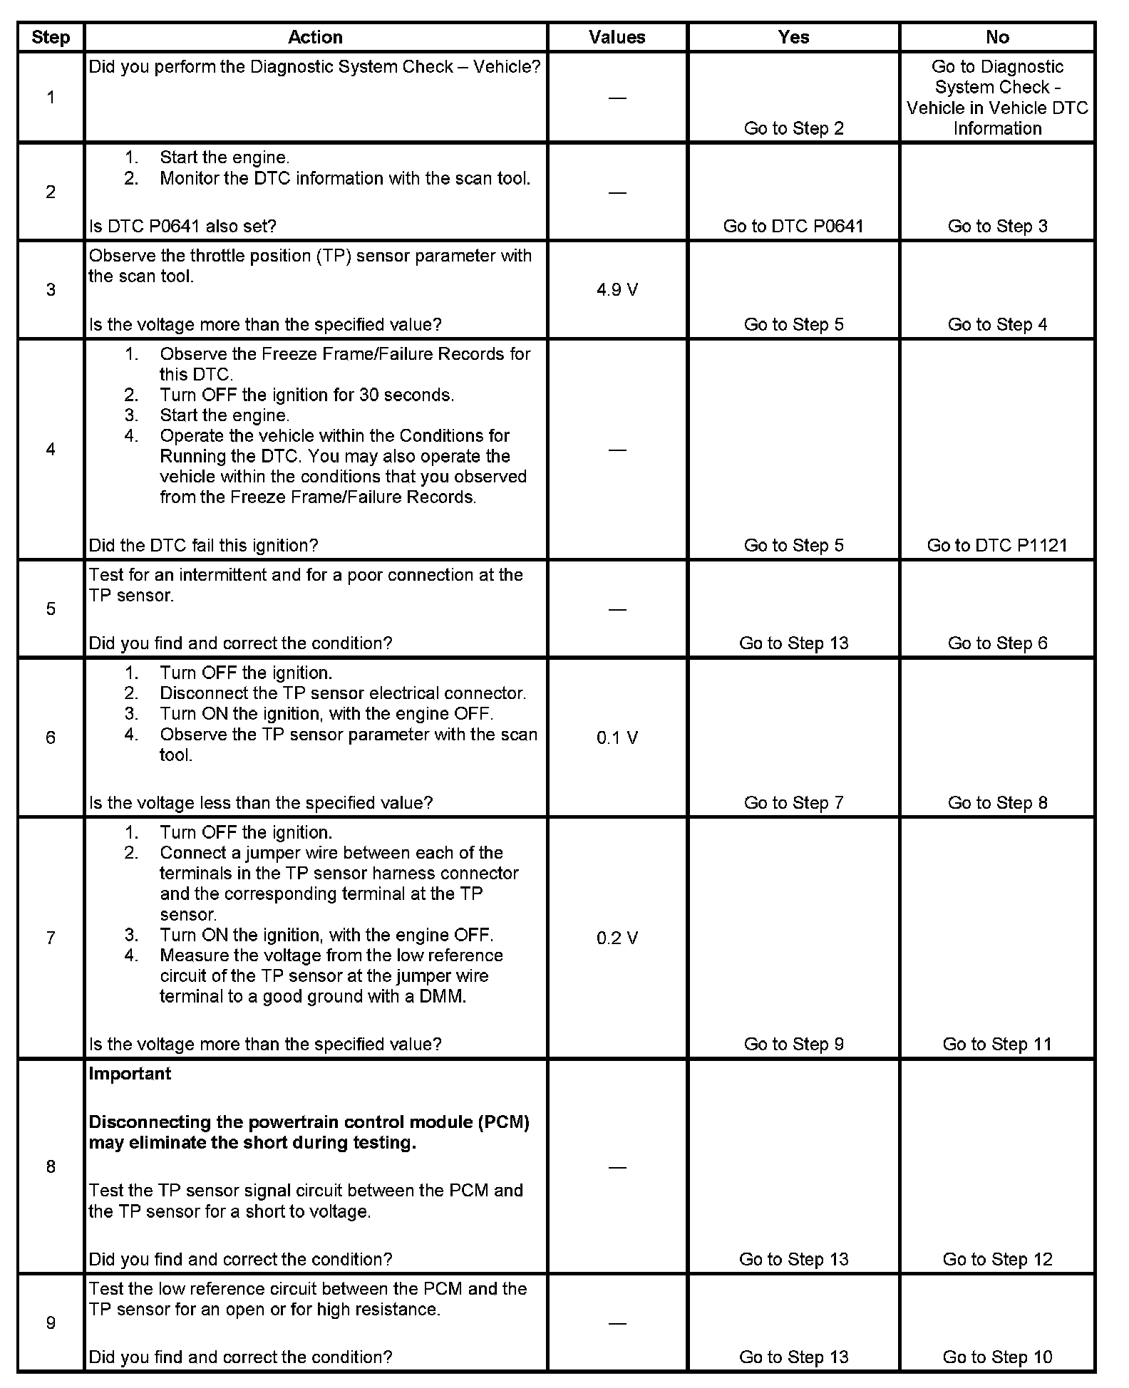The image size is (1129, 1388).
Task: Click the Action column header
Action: [315, 38]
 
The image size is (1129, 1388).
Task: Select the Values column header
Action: [617, 38]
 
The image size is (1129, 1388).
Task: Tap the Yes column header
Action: [793, 38]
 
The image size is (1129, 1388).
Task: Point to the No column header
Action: [997, 38]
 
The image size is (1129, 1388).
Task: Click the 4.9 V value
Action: [617, 290]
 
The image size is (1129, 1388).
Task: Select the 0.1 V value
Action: [617, 738]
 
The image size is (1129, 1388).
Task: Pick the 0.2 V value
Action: [617, 938]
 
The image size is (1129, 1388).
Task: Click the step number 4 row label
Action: [51, 450]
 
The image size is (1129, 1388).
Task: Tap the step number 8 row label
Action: [51, 1167]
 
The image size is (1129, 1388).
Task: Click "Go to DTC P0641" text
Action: [793, 227]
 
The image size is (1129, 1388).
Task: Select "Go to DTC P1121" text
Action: [997, 546]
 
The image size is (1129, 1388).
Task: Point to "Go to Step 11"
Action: [997, 1045]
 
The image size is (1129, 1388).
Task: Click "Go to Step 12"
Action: [997, 1260]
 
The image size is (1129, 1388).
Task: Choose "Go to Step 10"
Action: [997, 1357]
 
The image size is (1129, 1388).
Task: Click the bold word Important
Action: [130, 1074]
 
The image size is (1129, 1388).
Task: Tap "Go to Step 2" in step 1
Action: [793, 129]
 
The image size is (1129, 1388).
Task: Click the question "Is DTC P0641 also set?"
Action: [182, 227]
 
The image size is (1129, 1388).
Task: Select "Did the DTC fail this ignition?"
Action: [203, 546]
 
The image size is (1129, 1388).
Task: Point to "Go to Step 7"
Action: [793, 803]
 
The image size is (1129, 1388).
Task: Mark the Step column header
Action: [51, 38]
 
